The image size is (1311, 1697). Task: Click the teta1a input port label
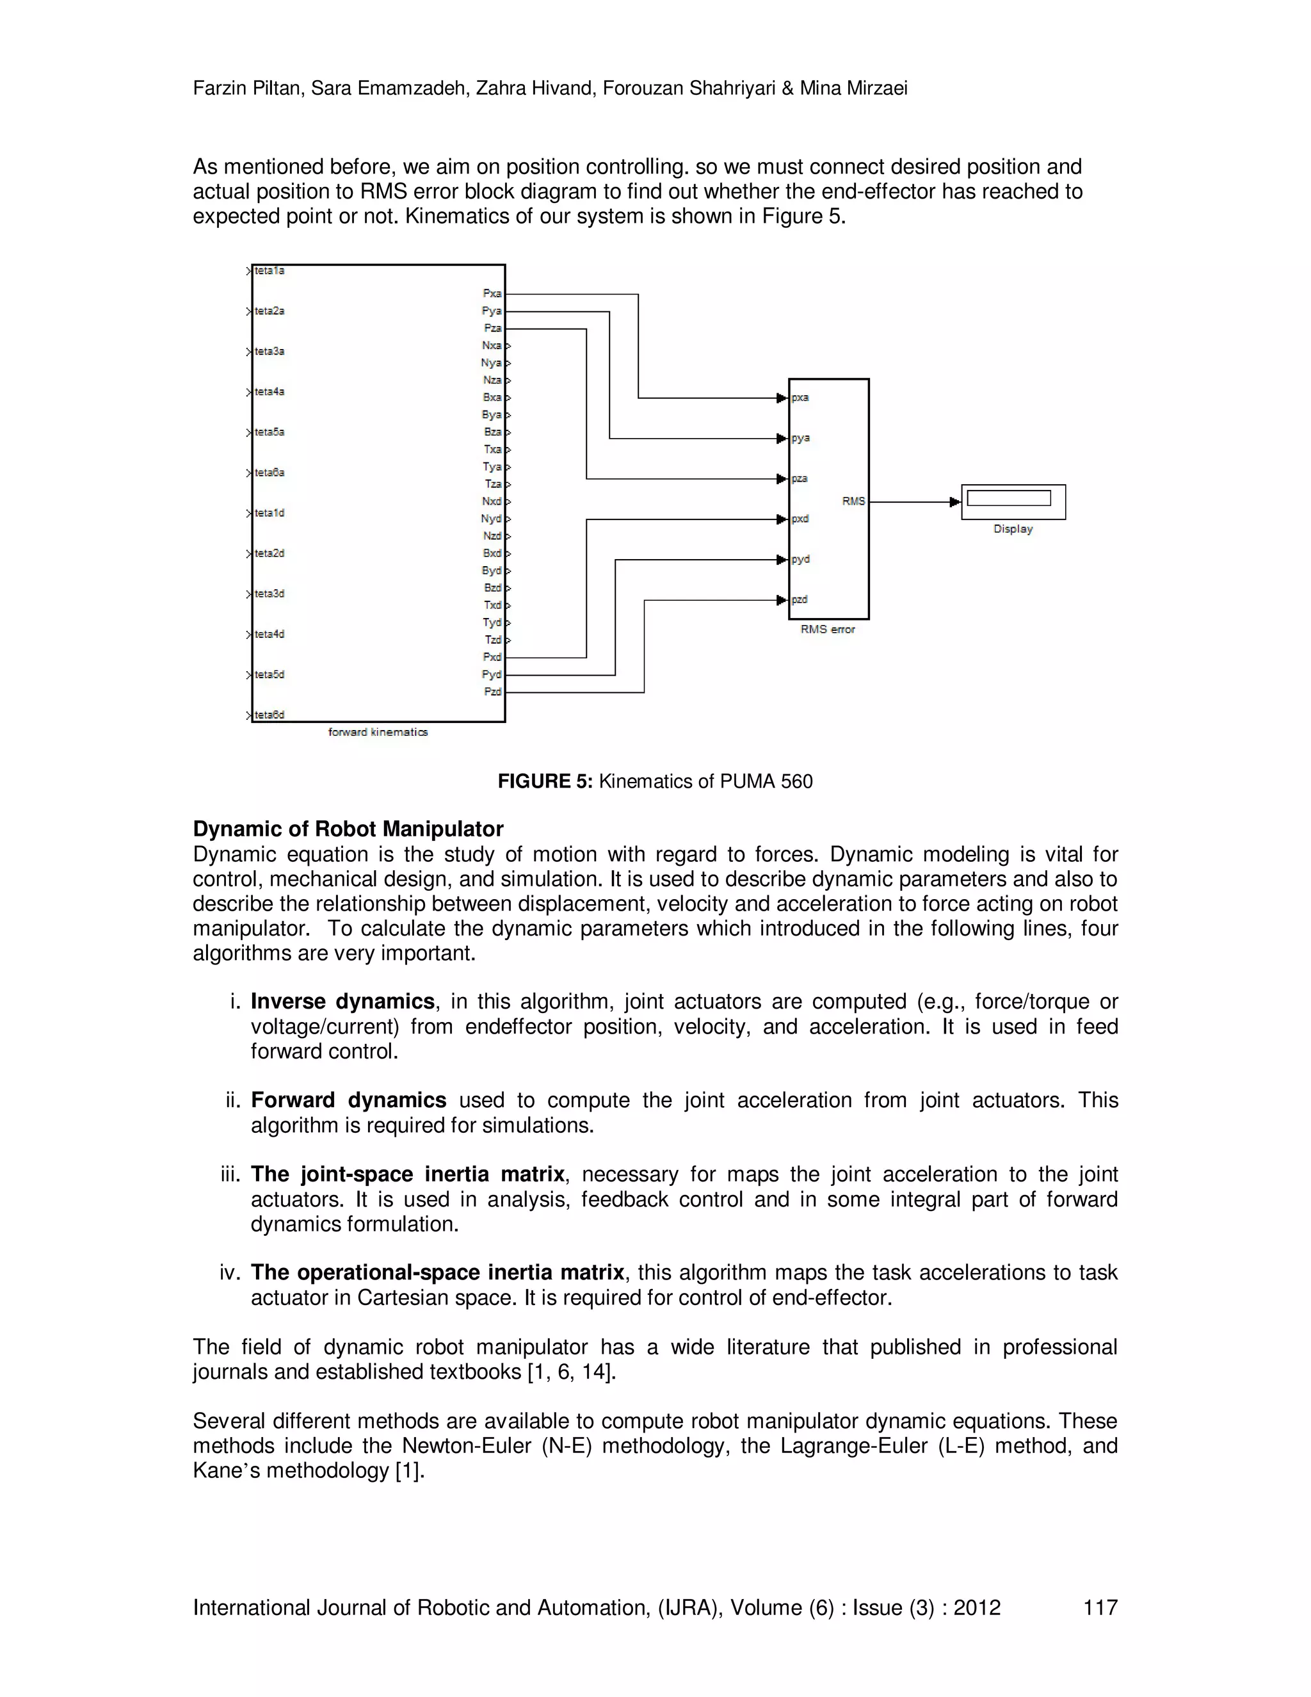(269, 271)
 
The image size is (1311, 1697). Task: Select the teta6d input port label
(269, 715)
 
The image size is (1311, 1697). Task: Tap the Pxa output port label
(492, 294)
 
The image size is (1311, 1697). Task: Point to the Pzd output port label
(492, 692)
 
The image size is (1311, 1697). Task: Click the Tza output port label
(493, 484)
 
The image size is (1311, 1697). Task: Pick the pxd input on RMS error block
(800, 519)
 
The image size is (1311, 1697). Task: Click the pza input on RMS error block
(799, 478)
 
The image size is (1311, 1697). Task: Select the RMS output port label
(853, 502)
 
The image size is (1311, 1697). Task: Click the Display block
(1013, 501)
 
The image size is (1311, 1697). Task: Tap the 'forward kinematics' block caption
(378, 732)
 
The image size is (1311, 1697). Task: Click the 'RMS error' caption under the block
(827, 629)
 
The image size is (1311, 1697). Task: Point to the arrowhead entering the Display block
(955, 502)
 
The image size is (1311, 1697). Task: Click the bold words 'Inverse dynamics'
(342, 1002)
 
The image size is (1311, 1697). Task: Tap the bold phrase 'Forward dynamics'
(348, 1100)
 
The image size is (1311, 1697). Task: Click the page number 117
(1100, 1607)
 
